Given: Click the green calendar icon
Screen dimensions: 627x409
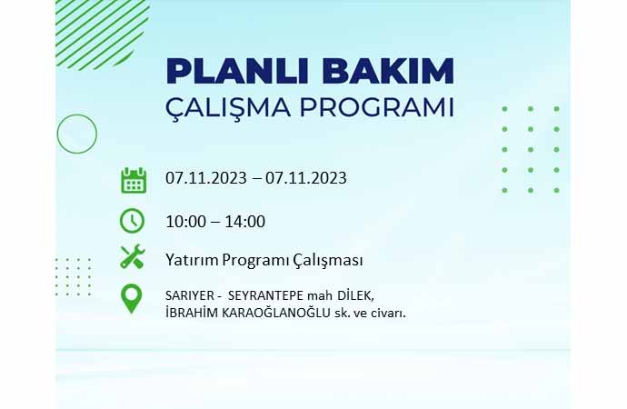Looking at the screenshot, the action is click(134, 180).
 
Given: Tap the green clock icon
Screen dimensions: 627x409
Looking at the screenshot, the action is click(132, 220).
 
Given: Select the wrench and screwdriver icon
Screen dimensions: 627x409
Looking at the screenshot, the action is click(133, 256).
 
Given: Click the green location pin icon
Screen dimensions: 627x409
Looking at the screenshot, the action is click(131, 299).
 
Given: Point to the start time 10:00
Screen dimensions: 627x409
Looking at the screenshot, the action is click(186, 222).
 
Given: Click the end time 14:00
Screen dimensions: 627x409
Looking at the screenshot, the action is click(244, 222).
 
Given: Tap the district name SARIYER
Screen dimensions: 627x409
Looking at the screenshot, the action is click(190, 296).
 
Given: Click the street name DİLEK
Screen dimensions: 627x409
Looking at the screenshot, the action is click(356, 295).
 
